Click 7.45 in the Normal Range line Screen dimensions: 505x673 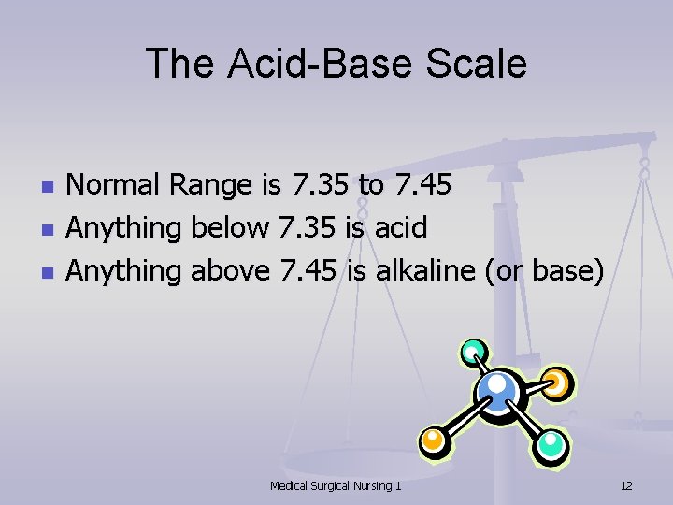(x=422, y=185)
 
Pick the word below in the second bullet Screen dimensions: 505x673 (x=230, y=227)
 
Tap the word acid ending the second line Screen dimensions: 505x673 (x=401, y=227)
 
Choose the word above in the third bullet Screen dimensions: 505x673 (x=231, y=270)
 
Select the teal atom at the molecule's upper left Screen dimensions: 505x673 (x=472, y=353)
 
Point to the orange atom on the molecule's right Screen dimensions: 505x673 (x=556, y=382)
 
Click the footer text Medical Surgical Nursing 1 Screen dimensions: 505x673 (x=336, y=485)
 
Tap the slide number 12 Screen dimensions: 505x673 (x=626, y=485)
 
